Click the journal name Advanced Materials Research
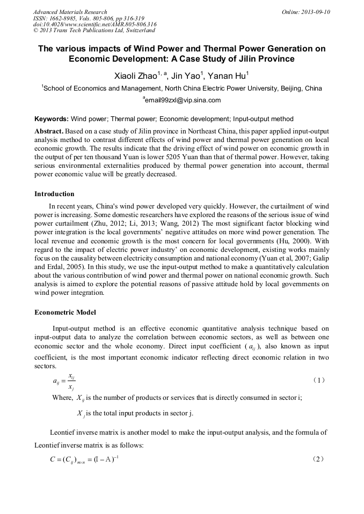[x=70, y=12]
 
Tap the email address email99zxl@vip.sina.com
[x=183, y=100]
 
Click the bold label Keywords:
[x=52, y=118]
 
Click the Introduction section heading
[x=54, y=193]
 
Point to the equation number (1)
[x=319, y=381]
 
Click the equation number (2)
[x=319, y=459]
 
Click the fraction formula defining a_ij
[x=64, y=382]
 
